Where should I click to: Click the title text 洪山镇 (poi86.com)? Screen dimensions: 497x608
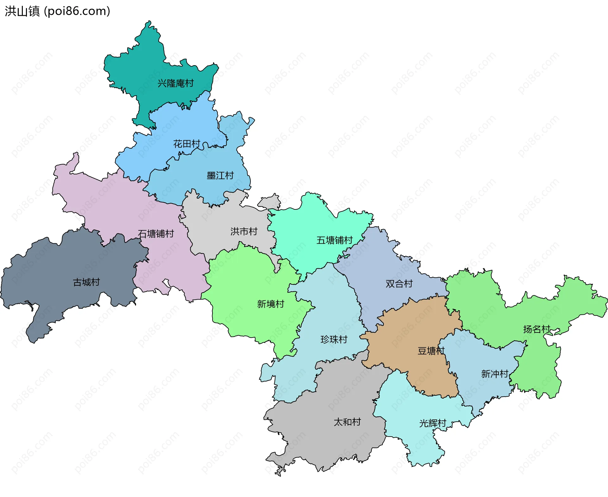(x=57, y=11)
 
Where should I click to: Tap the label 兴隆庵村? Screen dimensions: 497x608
(x=175, y=84)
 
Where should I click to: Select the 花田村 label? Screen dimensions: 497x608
(x=187, y=144)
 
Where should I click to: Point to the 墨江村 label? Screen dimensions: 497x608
(x=220, y=176)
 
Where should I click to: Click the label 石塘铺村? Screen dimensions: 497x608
(x=156, y=234)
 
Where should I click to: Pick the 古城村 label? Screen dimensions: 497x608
(x=86, y=282)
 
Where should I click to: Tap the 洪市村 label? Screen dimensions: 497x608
(x=244, y=232)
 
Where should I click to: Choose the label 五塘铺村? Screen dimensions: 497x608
(x=334, y=240)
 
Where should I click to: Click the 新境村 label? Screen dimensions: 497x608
(x=270, y=304)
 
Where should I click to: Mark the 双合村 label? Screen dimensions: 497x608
(x=399, y=284)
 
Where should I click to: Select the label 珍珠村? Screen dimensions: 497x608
(x=334, y=340)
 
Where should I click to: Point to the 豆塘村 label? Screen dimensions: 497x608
(x=431, y=351)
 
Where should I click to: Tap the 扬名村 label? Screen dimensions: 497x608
(x=536, y=329)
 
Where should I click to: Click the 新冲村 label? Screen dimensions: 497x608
(x=495, y=374)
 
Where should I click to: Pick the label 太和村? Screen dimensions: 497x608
(x=347, y=422)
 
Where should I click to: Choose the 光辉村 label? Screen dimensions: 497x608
(x=433, y=423)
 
